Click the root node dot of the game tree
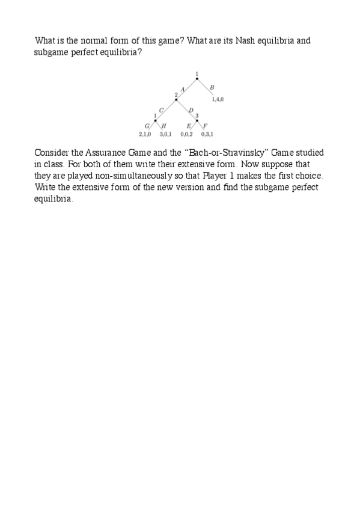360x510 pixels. coord(197,79)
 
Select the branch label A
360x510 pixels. coord(182,89)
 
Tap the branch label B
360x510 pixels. coord(212,88)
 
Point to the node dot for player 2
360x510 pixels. coord(176,99)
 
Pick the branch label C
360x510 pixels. coord(161,109)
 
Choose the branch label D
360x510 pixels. coord(191,110)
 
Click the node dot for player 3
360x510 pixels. coord(197,120)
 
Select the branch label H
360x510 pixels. coord(164,126)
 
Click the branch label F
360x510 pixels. coord(206,126)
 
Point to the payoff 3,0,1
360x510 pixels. coord(165,135)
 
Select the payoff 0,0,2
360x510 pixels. coord(186,135)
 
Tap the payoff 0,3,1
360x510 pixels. coord(207,135)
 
